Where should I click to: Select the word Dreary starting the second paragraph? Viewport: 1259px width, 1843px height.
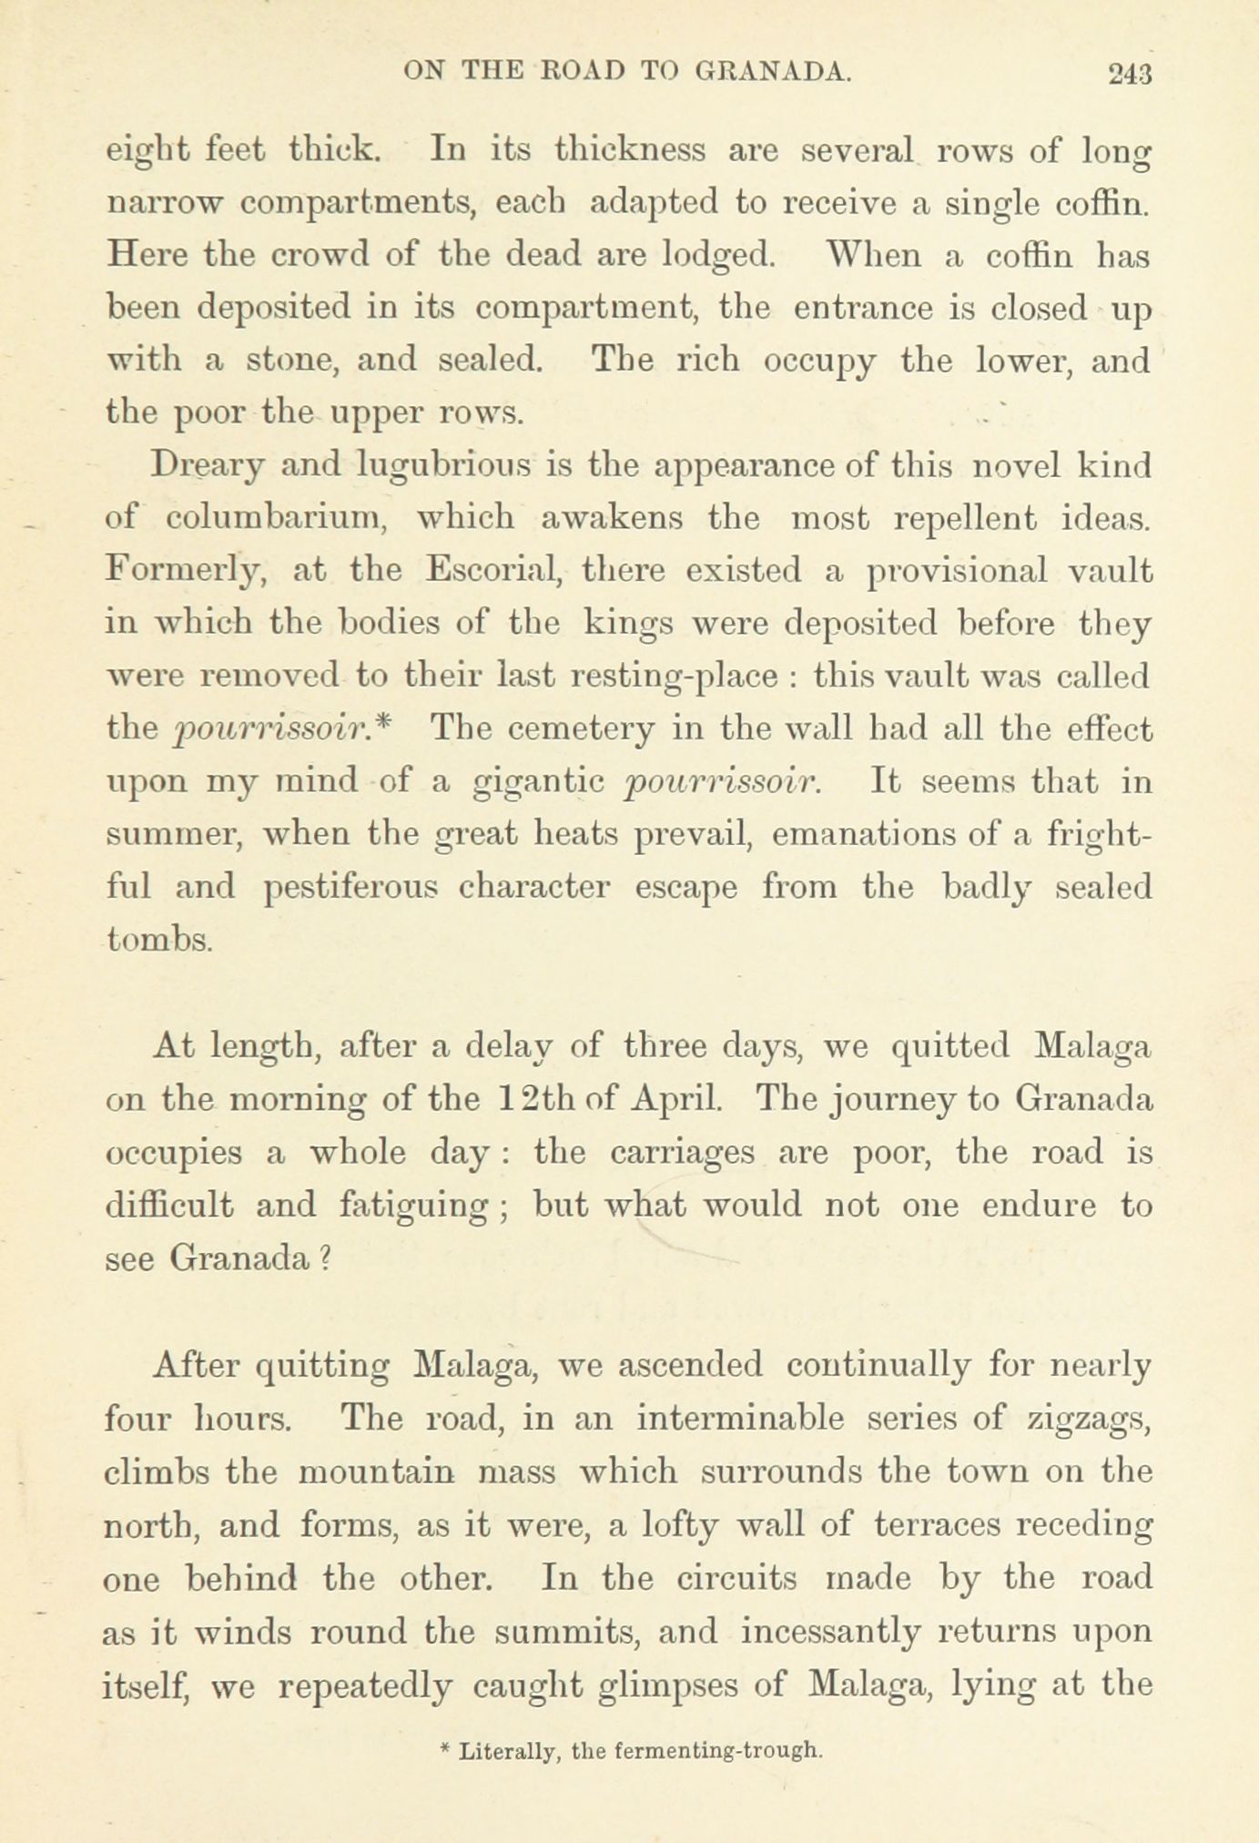tap(208, 467)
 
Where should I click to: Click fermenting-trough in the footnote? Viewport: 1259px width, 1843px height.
tap(719, 1751)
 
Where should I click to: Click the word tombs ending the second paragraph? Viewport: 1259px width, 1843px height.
tap(160, 939)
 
